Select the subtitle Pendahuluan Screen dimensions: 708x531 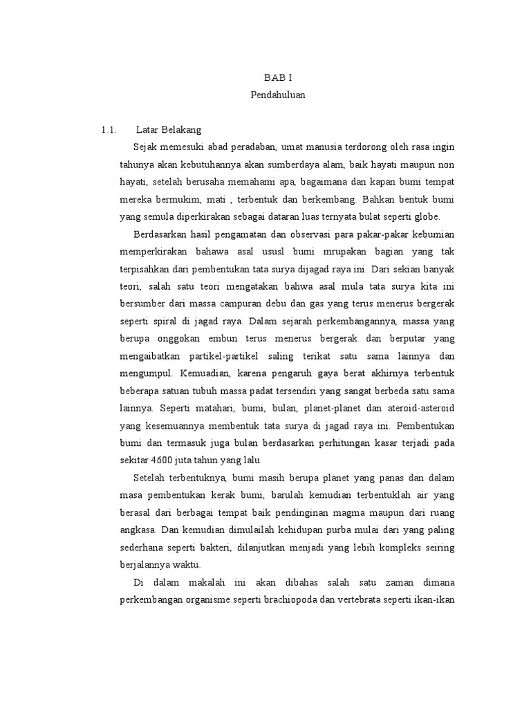[277, 96]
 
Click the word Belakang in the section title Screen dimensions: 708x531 [180, 129]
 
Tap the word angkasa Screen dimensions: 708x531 [138, 530]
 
